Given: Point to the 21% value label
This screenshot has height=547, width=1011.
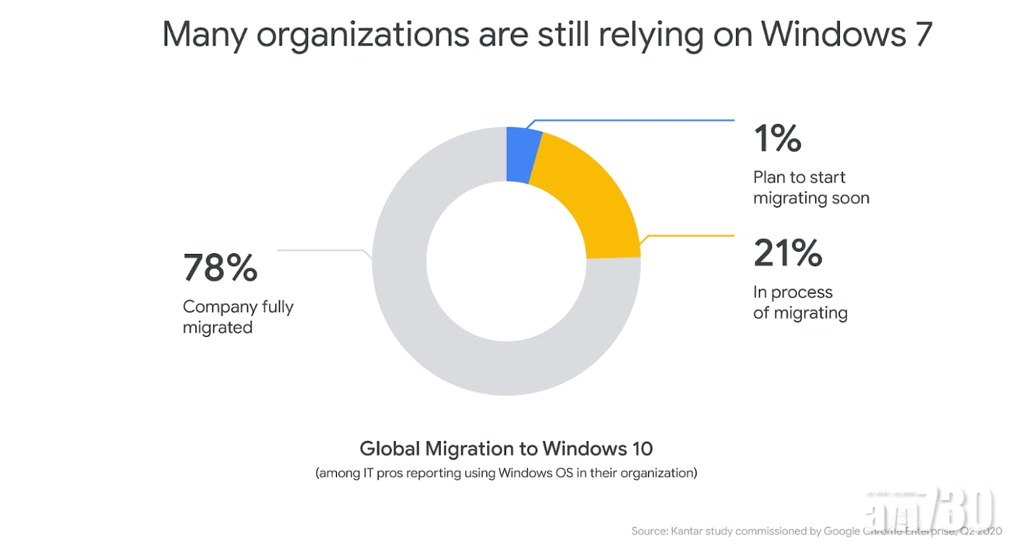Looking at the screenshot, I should (787, 253).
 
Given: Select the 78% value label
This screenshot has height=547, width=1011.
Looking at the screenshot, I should (220, 267).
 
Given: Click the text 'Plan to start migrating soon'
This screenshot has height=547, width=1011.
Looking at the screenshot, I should (811, 187).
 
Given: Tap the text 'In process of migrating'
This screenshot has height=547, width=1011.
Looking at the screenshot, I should (800, 302).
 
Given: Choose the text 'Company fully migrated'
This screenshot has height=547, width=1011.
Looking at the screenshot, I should (238, 317).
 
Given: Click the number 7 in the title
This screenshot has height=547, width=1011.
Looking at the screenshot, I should (922, 34).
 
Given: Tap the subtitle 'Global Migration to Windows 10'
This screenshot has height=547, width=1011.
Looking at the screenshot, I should (506, 448).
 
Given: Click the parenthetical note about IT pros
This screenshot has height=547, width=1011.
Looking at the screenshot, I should (506, 473).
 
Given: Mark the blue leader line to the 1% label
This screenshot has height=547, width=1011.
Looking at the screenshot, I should (634, 121).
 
